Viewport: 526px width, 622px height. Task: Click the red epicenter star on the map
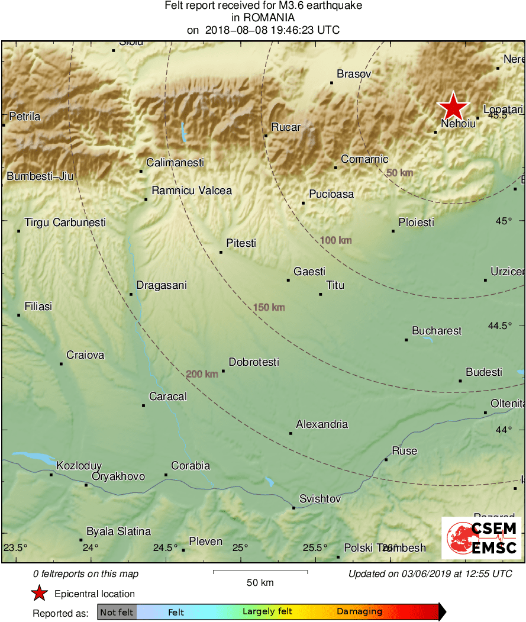click(x=453, y=107)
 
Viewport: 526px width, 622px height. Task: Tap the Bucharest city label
click(x=437, y=331)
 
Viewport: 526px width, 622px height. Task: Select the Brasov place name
click(x=353, y=74)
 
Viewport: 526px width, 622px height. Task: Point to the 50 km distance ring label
click(x=399, y=173)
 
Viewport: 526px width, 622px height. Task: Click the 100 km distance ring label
click(x=336, y=240)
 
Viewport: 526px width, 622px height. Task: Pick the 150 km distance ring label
click(x=269, y=307)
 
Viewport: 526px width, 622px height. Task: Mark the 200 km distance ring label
click(x=202, y=374)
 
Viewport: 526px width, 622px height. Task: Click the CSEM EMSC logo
click(x=481, y=538)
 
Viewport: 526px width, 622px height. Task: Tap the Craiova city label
click(x=85, y=355)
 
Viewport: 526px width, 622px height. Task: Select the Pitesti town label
click(x=241, y=243)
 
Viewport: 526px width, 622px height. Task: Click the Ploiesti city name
click(x=416, y=223)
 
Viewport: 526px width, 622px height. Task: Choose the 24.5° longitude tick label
click(x=165, y=547)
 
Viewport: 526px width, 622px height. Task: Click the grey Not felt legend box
click(x=117, y=612)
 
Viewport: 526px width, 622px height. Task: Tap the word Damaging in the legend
click(x=360, y=612)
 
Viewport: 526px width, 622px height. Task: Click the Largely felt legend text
click(x=267, y=612)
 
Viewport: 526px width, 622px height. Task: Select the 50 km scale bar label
click(x=260, y=582)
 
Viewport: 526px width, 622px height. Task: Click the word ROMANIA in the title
click(x=263, y=18)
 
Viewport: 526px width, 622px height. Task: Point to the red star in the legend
click(x=39, y=593)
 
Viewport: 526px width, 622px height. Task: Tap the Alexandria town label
click(x=322, y=424)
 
